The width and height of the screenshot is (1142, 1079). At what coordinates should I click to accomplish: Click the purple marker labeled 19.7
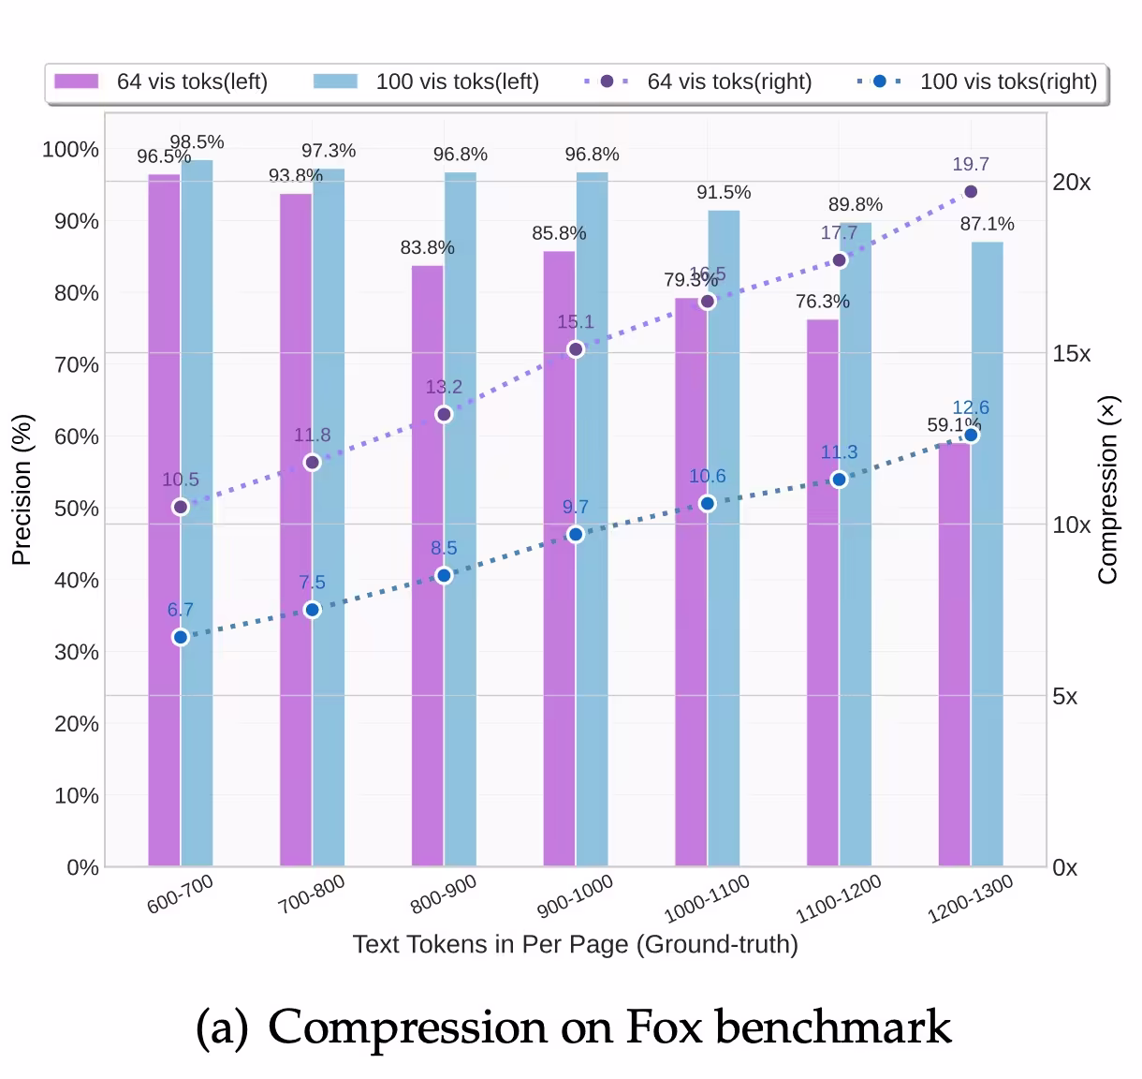971,192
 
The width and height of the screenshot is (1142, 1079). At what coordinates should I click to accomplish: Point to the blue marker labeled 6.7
181,637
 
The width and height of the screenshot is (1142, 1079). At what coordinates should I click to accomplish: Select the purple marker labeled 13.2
444,414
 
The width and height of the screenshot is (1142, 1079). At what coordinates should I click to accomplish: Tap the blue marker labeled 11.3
839,480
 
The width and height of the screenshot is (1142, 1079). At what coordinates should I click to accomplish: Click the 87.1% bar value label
987,224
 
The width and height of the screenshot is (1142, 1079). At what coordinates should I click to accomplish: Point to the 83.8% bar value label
427,247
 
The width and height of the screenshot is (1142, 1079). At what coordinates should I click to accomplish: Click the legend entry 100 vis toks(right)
977,81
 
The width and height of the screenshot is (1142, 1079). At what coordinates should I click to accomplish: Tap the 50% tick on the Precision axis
76,509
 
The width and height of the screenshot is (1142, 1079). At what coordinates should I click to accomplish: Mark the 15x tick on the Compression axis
1071,353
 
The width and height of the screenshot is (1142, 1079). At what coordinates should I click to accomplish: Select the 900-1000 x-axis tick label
575,896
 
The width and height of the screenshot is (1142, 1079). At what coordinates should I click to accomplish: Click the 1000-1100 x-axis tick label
707,899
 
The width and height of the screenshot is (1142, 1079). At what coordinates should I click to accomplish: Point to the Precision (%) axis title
22,489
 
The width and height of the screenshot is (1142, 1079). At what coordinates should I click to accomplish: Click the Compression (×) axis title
1108,489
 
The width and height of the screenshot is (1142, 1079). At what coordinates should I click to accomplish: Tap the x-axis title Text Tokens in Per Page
575,944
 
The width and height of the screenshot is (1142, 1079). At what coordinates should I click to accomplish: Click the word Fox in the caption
663,1027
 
